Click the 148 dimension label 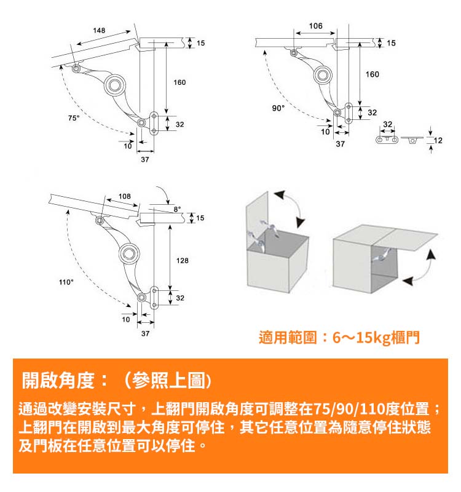tap(99, 30)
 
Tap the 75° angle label tap(74, 118)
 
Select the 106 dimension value tap(315, 26)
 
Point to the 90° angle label tap(278, 108)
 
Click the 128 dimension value tap(182, 260)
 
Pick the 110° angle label tap(66, 282)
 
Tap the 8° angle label tap(177, 209)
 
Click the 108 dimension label tap(125, 196)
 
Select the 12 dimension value tap(438, 140)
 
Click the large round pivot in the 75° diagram tap(115, 85)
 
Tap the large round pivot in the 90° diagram tap(323, 75)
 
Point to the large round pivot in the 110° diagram tap(130, 253)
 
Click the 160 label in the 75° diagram tap(179, 82)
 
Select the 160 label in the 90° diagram tap(372, 74)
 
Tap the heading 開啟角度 tap(58, 380)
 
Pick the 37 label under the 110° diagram tap(145, 333)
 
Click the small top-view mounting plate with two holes tap(387, 140)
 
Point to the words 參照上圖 tap(168, 380)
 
